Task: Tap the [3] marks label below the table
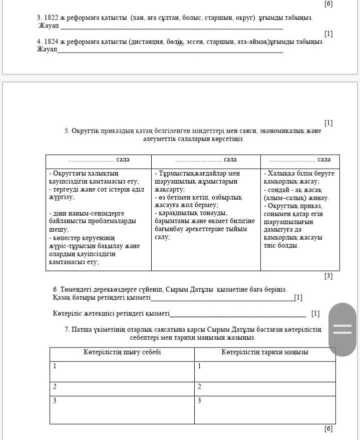click(x=328, y=276)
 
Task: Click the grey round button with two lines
click(x=343, y=329)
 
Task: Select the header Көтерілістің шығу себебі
click(x=122, y=352)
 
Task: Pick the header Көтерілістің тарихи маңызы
click(x=265, y=352)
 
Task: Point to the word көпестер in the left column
click(x=67, y=238)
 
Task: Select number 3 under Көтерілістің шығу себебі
click(x=55, y=400)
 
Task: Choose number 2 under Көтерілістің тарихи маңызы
click(x=199, y=386)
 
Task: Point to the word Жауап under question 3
click(x=48, y=26)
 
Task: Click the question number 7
click(x=67, y=329)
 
